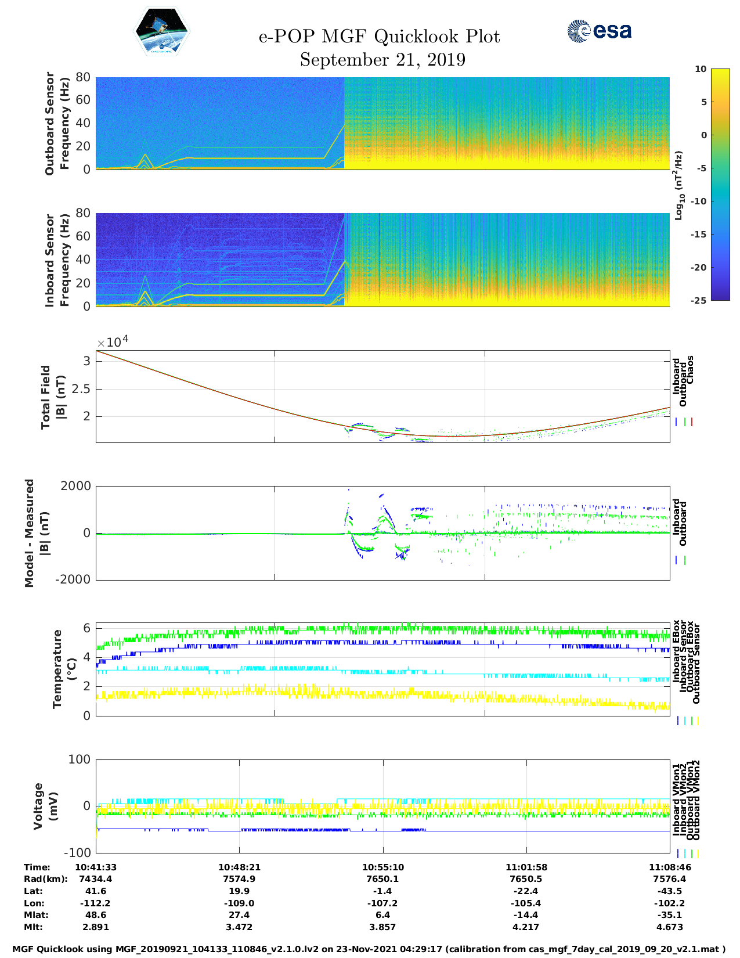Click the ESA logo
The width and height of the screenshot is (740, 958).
coord(600,31)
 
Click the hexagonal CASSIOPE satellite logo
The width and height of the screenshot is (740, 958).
coord(162,31)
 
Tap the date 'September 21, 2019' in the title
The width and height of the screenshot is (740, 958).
coord(382,60)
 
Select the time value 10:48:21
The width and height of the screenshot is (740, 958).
coord(239,867)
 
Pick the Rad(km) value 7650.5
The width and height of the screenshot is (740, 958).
coord(526,879)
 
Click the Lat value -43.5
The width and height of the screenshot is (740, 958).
coord(670,891)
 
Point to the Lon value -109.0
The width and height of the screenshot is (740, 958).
coord(239,903)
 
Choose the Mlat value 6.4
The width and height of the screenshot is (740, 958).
coord(382,915)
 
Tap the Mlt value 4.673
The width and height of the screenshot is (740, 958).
coord(670,927)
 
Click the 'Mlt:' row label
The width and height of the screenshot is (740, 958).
coord(33,927)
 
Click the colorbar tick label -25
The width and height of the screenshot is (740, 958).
coord(699,300)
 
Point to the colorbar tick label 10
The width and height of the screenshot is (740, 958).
coord(701,69)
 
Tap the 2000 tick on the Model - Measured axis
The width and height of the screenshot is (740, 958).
coord(75,486)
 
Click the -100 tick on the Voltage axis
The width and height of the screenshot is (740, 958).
coord(77,852)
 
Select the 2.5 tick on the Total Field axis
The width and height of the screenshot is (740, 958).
coord(81,389)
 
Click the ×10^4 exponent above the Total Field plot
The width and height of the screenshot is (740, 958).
coord(113,341)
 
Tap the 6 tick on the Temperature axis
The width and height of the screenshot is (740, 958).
coord(86,628)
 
